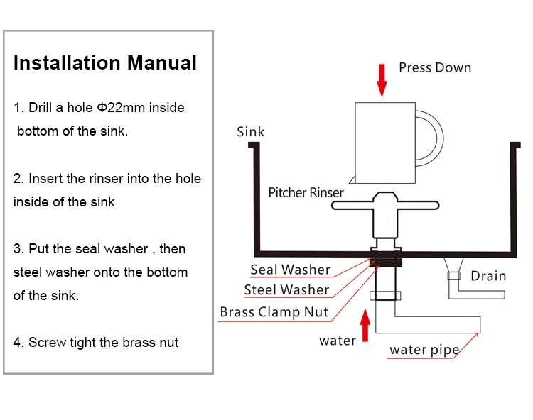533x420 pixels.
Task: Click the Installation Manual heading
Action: [x=105, y=62]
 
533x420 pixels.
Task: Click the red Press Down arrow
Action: [x=382, y=79]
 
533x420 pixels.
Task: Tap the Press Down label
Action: [x=435, y=68]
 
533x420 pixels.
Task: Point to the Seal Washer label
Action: [x=290, y=270]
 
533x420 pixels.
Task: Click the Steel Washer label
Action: [x=286, y=289]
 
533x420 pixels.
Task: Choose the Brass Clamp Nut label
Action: [x=274, y=312]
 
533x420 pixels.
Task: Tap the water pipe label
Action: [x=424, y=350]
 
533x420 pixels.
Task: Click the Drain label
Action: [x=488, y=275]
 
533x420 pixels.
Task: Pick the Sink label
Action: [x=250, y=131]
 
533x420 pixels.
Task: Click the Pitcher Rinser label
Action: [x=306, y=192]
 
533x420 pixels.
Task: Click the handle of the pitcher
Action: [x=430, y=138]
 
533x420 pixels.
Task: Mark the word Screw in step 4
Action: [x=46, y=343]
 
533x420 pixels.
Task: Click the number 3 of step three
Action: [x=17, y=249]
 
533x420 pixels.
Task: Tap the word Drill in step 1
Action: [x=41, y=108]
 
